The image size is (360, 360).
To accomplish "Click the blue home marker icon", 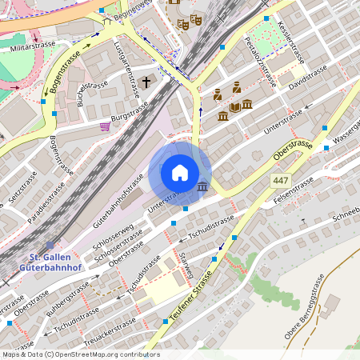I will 180,173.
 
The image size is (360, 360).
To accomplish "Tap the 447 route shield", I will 280,182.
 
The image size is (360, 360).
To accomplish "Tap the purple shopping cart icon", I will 105,126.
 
